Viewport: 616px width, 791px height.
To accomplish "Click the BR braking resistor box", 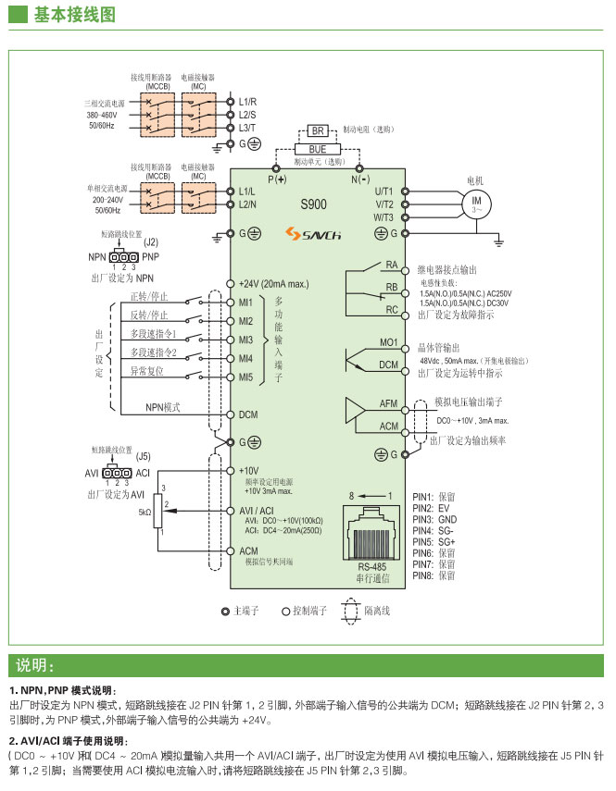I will pyautogui.click(x=317, y=132).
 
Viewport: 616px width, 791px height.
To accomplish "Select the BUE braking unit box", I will pyautogui.click(x=317, y=148).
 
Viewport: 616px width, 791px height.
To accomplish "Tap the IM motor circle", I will pyautogui.click(x=478, y=203).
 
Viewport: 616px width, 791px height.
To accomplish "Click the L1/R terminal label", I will pyautogui.click(x=247, y=100).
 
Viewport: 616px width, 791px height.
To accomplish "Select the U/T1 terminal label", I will pyautogui.click(x=384, y=190).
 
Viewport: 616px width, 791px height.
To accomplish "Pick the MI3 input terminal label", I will pyautogui.click(x=245, y=340).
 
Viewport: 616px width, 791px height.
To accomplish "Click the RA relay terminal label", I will pyautogui.click(x=391, y=266).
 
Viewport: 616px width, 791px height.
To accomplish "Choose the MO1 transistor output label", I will pyautogui.click(x=389, y=343).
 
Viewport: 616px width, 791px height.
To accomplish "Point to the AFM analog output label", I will pyautogui.click(x=388, y=404).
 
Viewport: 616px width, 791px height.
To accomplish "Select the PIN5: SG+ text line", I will pyautogui.click(x=434, y=541).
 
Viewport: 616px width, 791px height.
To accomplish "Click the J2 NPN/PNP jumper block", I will pyautogui.click(x=123, y=256).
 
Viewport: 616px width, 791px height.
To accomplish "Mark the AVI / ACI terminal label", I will pyautogui.click(x=257, y=511).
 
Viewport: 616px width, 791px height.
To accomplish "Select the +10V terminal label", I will pyautogui.click(x=248, y=470).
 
